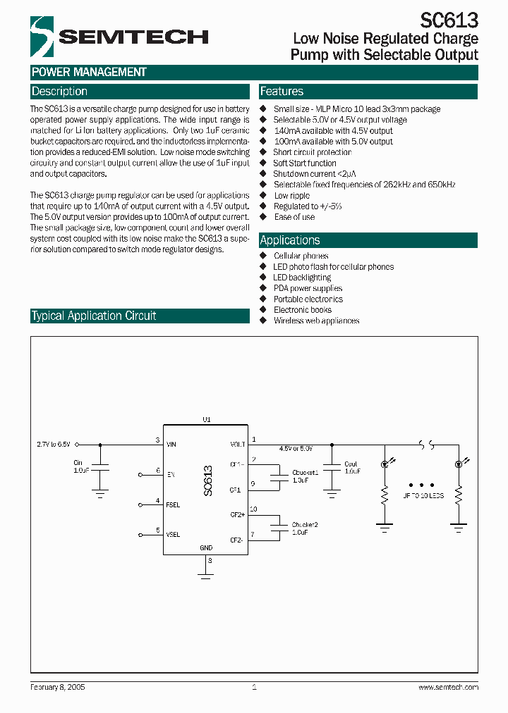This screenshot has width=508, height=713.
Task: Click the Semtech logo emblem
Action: coord(42,37)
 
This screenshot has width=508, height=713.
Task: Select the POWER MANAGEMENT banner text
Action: coord(89,72)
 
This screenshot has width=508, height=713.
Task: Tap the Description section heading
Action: coord(59,92)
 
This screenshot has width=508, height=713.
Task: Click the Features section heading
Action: coord(282,92)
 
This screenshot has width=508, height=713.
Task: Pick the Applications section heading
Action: coord(290,240)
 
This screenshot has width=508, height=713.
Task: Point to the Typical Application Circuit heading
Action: coord(93,316)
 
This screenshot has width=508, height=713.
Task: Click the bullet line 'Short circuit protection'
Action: coord(312,152)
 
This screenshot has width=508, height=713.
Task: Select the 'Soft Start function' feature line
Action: coord(305,163)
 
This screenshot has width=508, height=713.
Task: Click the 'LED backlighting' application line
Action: coord(302,278)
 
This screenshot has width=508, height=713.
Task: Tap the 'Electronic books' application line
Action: coord(302,310)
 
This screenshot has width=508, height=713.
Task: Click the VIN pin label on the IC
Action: coord(171,445)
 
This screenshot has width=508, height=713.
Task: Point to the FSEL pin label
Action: coord(173,504)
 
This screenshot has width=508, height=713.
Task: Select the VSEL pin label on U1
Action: coord(173,535)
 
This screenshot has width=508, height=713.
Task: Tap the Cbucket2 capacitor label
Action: coord(305,525)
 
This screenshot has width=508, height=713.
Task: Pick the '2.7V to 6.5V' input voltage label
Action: coord(54,445)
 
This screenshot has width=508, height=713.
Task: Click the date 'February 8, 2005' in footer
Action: coord(58,687)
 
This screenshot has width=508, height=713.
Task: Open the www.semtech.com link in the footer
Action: coord(448,687)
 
